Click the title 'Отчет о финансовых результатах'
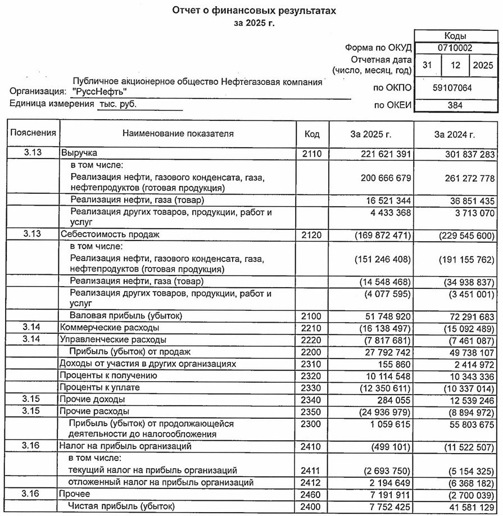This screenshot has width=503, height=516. pos(250,11)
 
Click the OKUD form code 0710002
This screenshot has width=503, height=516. pos(455,48)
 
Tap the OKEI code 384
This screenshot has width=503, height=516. pos(455,105)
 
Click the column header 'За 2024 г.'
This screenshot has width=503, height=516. pos(455,134)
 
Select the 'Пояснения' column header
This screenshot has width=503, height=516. pos(33,133)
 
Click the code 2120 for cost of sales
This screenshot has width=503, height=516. pos(312,235)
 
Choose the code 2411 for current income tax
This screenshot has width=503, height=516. pos(312,470)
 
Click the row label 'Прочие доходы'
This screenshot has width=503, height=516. pos(92,400)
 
